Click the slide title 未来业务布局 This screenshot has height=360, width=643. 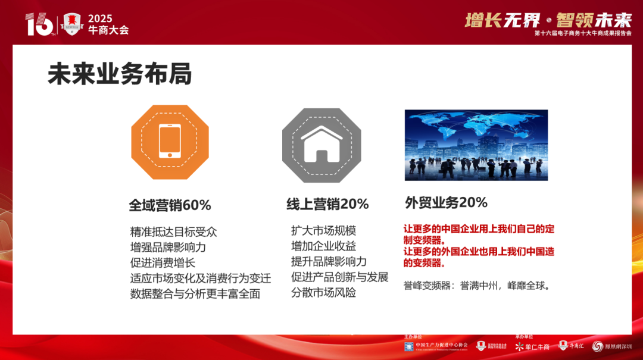point(120,75)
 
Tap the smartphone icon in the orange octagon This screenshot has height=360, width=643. point(170,142)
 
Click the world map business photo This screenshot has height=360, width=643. point(476,145)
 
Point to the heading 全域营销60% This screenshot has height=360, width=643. point(170,205)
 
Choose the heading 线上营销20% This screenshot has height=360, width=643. point(327,204)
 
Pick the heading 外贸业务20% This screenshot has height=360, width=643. point(446,202)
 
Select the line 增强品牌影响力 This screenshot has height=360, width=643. point(168,247)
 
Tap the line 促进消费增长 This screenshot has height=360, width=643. point(163,262)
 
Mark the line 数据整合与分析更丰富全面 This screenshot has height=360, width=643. point(195,293)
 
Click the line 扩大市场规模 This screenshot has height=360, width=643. point(323,230)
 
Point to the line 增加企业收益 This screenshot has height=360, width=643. point(323,246)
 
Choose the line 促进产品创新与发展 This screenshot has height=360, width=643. point(339,277)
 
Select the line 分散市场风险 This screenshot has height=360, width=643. point(323,293)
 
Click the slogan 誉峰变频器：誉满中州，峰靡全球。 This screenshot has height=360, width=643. point(477,285)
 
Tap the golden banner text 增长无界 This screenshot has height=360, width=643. point(502,20)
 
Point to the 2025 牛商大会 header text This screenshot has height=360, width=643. point(108,24)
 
